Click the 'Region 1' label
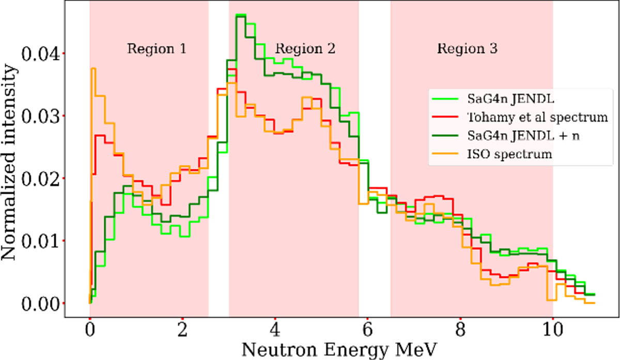tap(157, 49)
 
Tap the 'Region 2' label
tap(305, 49)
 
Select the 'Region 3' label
tap(468, 49)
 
